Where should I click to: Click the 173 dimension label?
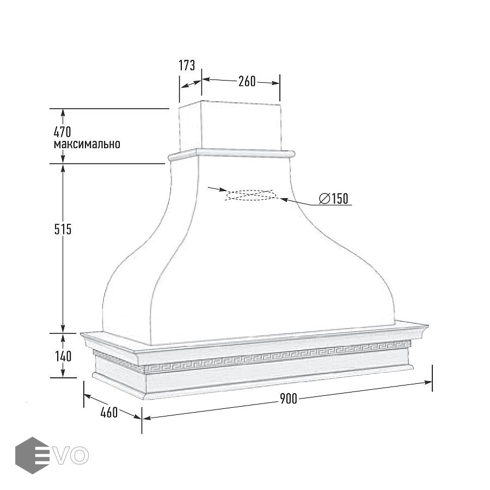click(187, 65)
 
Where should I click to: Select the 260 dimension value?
click(247, 81)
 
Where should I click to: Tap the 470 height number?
click(63, 132)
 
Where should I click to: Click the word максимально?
click(87, 144)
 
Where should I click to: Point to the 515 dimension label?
click(63, 229)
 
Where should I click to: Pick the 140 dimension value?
click(63, 356)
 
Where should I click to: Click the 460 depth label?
click(109, 412)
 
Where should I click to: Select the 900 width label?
click(288, 399)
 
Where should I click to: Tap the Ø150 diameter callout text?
click(333, 198)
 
